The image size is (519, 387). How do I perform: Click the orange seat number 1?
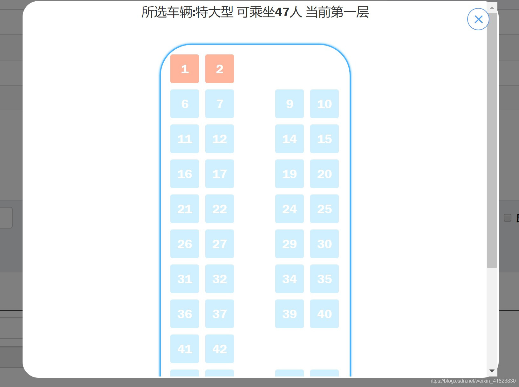(185, 69)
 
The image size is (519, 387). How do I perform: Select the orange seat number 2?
(220, 69)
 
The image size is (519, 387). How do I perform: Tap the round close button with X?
(478, 19)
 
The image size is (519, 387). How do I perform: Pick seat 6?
(185, 104)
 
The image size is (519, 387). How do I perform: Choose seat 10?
(324, 104)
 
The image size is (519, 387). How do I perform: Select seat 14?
(290, 139)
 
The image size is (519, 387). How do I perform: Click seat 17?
(220, 174)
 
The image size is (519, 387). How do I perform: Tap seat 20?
(324, 174)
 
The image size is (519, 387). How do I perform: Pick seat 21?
(185, 209)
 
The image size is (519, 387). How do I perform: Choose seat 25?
(324, 209)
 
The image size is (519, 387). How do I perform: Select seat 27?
(220, 244)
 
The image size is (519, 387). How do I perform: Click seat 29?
(290, 244)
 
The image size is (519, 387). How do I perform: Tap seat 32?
(220, 279)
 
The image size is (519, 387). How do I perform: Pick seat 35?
(324, 279)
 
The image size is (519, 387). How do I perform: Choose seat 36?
(185, 314)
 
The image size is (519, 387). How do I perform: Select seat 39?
(290, 314)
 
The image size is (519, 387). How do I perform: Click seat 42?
(220, 349)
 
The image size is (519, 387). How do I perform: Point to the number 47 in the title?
(282, 12)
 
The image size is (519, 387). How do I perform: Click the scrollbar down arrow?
(492, 371)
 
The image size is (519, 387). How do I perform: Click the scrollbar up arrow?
(492, 8)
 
